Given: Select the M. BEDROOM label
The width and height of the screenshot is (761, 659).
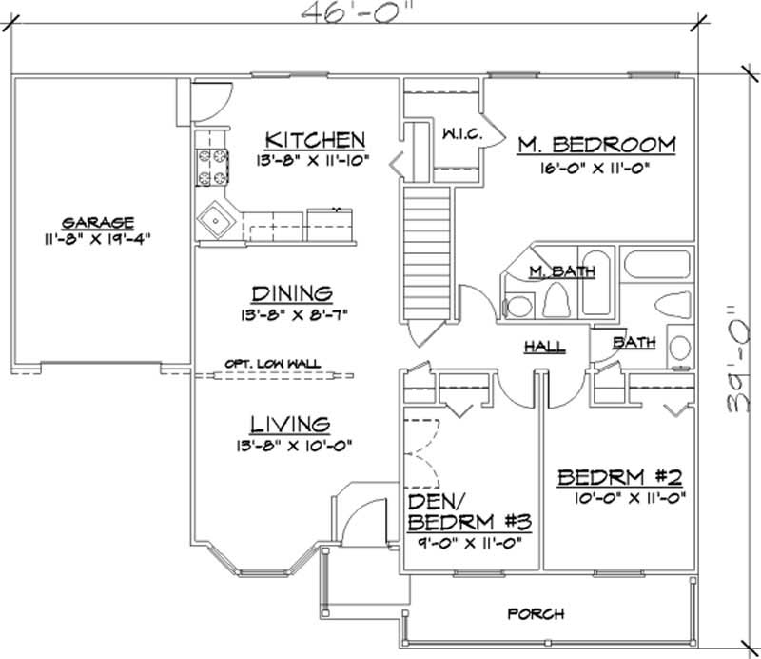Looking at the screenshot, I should [x=596, y=145].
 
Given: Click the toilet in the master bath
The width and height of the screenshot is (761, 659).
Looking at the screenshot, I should [x=556, y=302].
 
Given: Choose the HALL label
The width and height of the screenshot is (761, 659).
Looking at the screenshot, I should [x=545, y=347].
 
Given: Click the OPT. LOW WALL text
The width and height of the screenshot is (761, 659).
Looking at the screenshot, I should [x=273, y=362].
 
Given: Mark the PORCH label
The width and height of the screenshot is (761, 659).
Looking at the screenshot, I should [x=537, y=613].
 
